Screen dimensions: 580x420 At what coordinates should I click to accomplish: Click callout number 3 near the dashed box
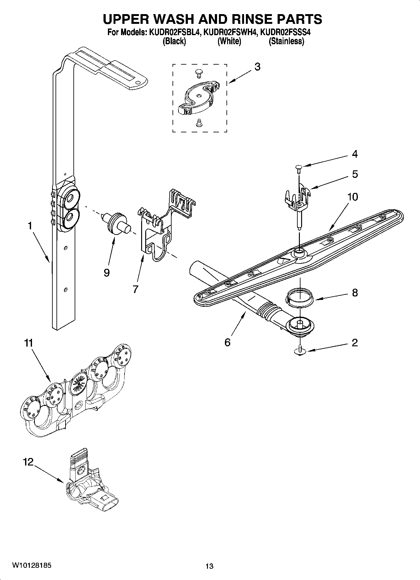click(257, 67)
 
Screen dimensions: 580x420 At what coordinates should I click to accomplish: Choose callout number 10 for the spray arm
click(353, 197)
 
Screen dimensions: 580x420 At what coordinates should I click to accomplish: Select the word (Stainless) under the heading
click(286, 41)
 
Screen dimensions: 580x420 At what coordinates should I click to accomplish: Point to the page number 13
click(209, 566)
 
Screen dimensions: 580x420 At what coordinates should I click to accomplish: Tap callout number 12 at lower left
click(28, 462)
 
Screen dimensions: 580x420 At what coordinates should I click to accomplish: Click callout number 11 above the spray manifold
click(29, 343)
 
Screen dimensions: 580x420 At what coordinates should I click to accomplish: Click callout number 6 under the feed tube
click(228, 342)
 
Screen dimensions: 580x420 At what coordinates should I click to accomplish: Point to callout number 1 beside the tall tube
click(30, 226)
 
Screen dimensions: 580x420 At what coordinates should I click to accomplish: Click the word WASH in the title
click(167, 19)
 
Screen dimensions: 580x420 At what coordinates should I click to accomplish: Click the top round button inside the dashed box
click(198, 73)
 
